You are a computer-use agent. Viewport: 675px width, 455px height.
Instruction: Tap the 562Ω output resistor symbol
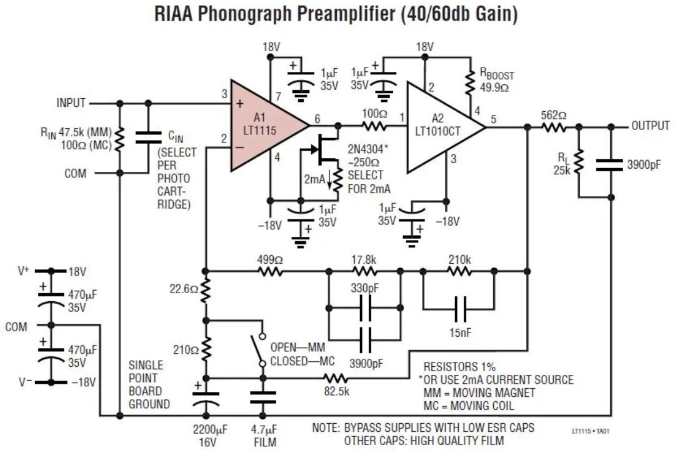click(x=553, y=127)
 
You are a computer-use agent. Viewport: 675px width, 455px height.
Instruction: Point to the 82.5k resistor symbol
click(x=336, y=378)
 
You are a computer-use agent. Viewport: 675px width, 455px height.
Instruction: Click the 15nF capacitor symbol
click(x=460, y=309)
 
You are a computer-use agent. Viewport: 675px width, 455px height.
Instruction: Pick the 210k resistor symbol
click(x=459, y=271)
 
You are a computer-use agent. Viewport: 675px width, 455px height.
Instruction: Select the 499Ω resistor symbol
click(x=271, y=271)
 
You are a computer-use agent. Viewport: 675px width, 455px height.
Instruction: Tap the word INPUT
click(x=71, y=103)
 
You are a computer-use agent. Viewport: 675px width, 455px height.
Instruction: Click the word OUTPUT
click(x=651, y=126)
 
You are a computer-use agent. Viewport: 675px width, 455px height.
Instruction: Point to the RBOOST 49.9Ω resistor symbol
click(x=469, y=84)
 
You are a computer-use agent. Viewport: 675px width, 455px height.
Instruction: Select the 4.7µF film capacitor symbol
click(x=262, y=397)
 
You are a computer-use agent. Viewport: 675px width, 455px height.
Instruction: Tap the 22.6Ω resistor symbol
click(x=206, y=290)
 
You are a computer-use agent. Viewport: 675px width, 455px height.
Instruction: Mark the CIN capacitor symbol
click(x=148, y=137)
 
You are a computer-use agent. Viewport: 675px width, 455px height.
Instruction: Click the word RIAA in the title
click(x=173, y=13)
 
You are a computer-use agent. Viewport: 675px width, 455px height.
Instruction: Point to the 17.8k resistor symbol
click(x=364, y=271)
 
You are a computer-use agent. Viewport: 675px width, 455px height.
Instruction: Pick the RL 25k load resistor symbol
click(x=579, y=162)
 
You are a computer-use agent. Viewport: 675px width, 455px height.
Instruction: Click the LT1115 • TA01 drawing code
click(x=590, y=431)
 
